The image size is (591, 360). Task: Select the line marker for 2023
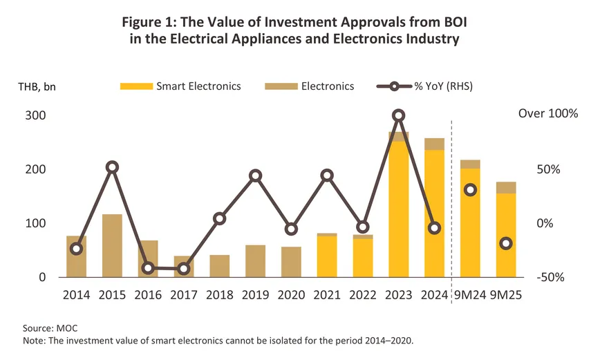398,115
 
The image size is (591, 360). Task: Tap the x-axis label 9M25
505,295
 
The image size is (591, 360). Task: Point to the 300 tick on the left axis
37,115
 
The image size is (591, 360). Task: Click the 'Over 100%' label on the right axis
547,113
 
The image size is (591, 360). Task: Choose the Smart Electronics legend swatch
136,86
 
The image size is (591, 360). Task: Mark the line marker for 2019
255,176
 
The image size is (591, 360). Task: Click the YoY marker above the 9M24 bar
470,190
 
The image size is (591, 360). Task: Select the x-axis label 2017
183,295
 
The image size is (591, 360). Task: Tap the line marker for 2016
148,268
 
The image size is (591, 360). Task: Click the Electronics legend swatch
280,86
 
